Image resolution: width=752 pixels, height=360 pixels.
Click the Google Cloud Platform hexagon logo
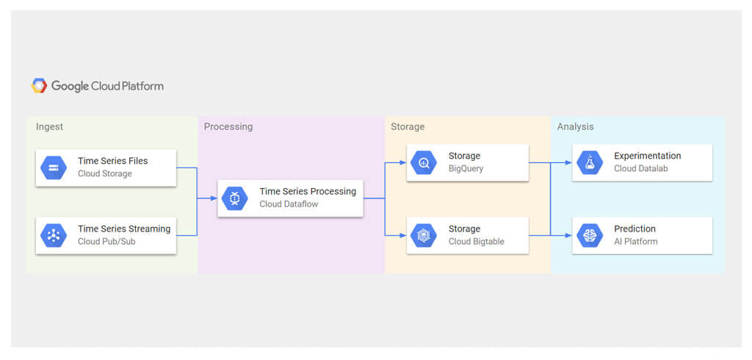point(40,86)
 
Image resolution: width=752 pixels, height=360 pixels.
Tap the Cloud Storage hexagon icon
point(53,168)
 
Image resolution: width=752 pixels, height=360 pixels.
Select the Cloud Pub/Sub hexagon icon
point(53,235)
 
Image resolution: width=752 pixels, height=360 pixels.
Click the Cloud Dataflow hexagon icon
point(234,198)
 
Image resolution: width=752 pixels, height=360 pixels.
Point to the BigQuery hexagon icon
point(424,162)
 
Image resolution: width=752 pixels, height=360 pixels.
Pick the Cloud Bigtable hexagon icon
point(424,235)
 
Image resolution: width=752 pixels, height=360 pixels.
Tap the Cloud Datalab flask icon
point(590,162)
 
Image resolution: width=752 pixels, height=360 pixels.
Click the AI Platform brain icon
point(590,235)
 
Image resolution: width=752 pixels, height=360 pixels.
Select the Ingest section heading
point(49,127)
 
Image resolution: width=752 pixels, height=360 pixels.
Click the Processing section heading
point(228,127)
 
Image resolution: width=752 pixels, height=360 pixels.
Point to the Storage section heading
point(408,126)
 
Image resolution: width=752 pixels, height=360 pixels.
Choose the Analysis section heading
point(576,126)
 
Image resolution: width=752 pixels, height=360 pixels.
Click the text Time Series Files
point(112,161)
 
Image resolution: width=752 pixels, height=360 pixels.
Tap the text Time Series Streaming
point(124,228)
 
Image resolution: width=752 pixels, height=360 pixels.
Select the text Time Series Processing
point(308,192)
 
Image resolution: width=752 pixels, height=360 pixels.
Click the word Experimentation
point(648,156)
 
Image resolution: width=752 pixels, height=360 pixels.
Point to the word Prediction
point(635,228)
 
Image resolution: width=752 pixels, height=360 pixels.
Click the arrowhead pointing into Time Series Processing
point(214,198)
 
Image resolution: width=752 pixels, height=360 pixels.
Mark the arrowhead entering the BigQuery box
point(403,162)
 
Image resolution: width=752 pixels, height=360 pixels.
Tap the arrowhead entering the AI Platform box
point(569,235)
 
